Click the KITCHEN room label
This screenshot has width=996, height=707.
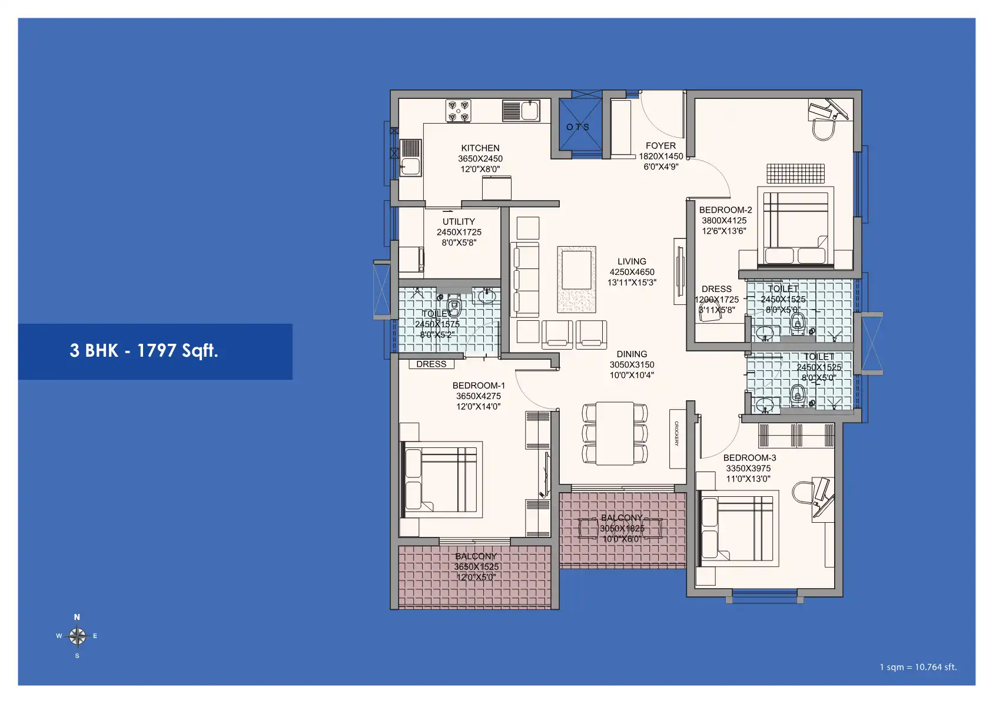pos(480,148)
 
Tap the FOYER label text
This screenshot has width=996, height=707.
pos(660,146)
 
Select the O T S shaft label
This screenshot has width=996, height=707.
pos(577,127)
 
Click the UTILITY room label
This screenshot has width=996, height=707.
pos(459,222)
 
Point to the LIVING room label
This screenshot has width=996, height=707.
pos(632,261)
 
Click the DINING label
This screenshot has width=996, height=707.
pos(632,354)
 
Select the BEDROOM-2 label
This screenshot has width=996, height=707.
pos(725,210)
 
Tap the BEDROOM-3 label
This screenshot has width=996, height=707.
pos(749,458)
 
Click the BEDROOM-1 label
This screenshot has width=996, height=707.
pos(479,386)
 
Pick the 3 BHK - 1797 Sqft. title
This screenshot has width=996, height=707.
pos(144,351)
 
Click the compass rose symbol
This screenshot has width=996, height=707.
pos(77,636)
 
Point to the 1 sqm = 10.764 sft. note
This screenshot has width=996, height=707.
pos(918,667)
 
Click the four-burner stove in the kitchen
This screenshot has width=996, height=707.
pos(458,111)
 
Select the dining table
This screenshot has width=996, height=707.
pos(615,433)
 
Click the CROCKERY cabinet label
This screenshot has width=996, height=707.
pos(677,434)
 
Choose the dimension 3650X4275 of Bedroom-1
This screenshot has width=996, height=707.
pos(479,396)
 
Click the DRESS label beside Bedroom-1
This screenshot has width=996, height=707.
pos(431,364)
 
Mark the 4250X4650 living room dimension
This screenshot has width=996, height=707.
pos(632,272)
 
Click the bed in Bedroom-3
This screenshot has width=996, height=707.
pos(736,528)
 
